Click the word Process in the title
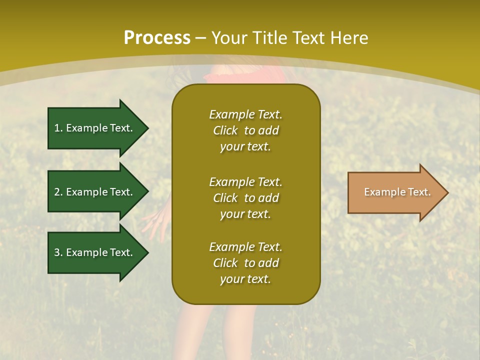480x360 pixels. [157, 38]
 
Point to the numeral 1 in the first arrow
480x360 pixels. [57, 128]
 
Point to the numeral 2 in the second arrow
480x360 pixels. [57, 192]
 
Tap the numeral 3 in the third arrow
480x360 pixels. [57, 252]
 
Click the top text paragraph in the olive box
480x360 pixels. [245, 130]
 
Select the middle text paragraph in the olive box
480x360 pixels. [245, 198]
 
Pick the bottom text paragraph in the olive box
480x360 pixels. [245, 263]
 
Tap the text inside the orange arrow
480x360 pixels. [397, 192]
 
